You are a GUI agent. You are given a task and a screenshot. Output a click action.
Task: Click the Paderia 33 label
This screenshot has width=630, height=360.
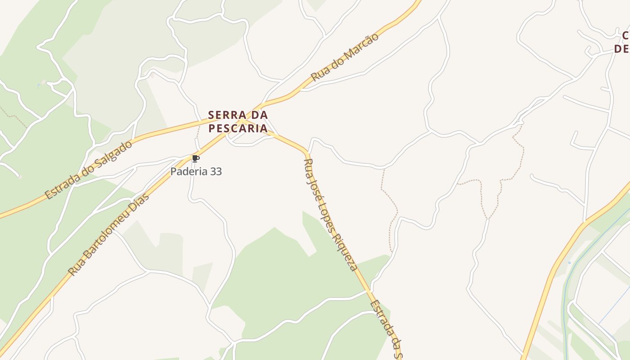[x=196, y=171]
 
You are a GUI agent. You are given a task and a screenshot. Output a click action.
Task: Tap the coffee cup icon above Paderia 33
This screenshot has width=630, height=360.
[x=195, y=158]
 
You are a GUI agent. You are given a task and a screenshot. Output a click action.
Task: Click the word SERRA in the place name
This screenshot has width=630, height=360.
[x=227, y=115]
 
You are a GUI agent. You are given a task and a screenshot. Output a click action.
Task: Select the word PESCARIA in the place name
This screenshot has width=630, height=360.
[x=238, y=128]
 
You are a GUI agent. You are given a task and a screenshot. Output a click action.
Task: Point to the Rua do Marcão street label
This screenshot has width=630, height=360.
[x=345, y=57]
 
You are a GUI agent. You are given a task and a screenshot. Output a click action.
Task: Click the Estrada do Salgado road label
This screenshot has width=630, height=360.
[x=89, y=170]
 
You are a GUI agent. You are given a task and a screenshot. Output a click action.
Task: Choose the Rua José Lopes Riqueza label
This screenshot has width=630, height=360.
[x=330, y=214]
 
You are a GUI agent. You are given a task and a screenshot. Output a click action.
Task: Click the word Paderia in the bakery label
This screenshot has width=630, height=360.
[x=189, y=171]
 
